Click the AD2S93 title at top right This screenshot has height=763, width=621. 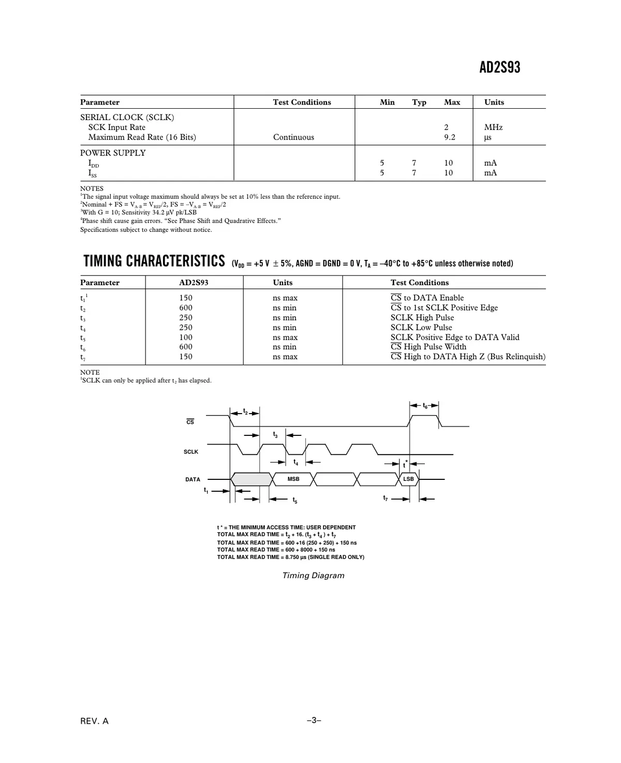[x=499, y=67]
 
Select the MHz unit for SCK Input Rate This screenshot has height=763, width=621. [x=493, y=127]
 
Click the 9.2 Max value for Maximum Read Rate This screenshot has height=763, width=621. [x=450, y=137]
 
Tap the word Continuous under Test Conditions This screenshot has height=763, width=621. [x=293, y=137]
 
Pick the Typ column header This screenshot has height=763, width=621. [x=419, y=102]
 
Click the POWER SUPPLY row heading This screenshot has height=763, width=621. [x=113, y=153]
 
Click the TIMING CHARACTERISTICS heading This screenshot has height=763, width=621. [x=154, y=261]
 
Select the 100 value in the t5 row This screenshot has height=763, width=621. [x=186, y=338]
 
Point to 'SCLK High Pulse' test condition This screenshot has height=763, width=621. [x=422, y=318]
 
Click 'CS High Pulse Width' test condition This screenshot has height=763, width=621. [x=428, y=347]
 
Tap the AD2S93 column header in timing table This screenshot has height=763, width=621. [x=194, y=283]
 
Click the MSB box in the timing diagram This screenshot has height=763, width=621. [x=293, y=479]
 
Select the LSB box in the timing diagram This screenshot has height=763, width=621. [x=409, y=479]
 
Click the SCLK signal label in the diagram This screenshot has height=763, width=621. [x=191, y=452]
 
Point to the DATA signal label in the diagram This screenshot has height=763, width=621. [x=193, y=479]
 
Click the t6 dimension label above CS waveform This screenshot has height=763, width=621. [x=425, y=406]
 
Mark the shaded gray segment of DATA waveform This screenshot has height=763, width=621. [x=252, y=479]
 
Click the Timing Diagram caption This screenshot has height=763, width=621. [x=313, y=576]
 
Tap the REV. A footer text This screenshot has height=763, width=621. [x=95, y=721]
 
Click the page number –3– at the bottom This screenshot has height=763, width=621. [x=314, y=720]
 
